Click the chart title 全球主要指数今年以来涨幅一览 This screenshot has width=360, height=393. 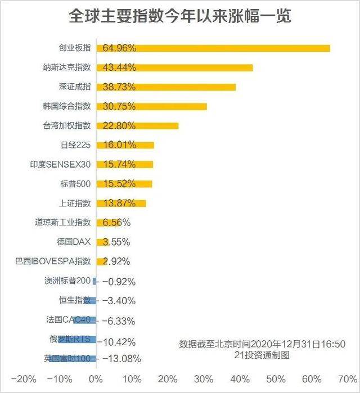(x=180, y=16)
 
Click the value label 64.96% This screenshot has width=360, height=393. (x=119, y=48)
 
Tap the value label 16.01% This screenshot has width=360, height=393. (x=119, y=145)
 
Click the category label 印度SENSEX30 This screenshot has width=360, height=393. (x=60, y=165)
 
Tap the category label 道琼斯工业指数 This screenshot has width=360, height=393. (x=62, y=223)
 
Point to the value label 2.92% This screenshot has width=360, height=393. (x=116, y=261)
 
